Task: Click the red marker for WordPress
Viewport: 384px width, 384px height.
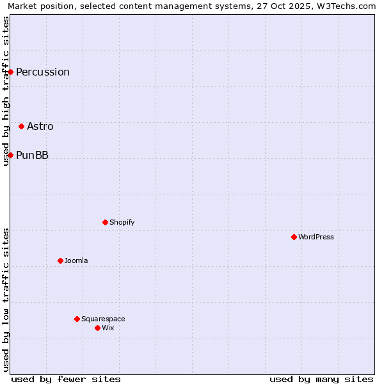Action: [294, 237]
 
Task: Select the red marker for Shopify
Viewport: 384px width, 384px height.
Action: [105, 222]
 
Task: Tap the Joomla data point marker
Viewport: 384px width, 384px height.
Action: [60, 260]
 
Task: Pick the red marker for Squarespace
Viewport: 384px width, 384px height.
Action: [77, 319]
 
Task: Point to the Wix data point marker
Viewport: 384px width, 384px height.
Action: [97, 328]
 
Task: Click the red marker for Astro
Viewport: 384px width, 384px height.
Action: [21, 126]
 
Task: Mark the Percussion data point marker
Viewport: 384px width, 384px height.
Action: [10, 72]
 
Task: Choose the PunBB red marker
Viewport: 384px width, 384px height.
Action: [10, 155]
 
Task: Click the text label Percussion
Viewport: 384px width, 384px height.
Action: [43, 72]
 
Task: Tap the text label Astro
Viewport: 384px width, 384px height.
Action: [40, 126]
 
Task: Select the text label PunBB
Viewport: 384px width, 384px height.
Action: [32, 155]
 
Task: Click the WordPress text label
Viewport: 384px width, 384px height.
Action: [316, 237]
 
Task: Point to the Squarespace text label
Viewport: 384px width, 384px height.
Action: [103, 319]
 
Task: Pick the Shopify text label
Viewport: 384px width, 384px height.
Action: [122, 222]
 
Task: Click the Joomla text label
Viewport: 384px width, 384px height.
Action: [76, 260]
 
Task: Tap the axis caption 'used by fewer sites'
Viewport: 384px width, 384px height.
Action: [66, 379]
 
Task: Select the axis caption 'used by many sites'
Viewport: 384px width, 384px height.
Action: [321, 379]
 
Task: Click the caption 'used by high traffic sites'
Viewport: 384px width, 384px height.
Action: [6, 91]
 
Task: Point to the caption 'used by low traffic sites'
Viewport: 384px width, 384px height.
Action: [6, 300]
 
